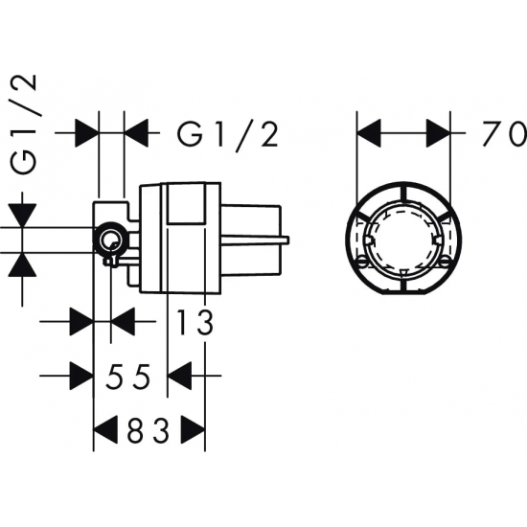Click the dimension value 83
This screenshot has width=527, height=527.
pyautogui.click(x=149, y=430)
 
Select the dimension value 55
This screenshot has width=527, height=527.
pyautogui.click(x=127, y=377)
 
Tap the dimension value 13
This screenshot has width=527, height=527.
pyautogui.click(x=195, y=323)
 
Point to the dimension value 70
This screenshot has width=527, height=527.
pyautogui.click(x=505, y=134)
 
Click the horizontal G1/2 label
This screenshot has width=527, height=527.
pyautogui.click(x=228, y=134)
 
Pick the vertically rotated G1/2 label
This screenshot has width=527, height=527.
pyautogui.click(x=24, y=124)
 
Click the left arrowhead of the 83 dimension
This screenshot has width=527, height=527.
pyautogui.click(x=105, y=430)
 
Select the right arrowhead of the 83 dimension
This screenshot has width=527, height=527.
pyautogui.click(x=193, y=430)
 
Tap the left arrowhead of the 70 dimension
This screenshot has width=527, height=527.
pyautogui.click(x=369, y=133)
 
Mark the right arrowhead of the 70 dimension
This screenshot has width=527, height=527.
pyautogui.click(x=438, y=133)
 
